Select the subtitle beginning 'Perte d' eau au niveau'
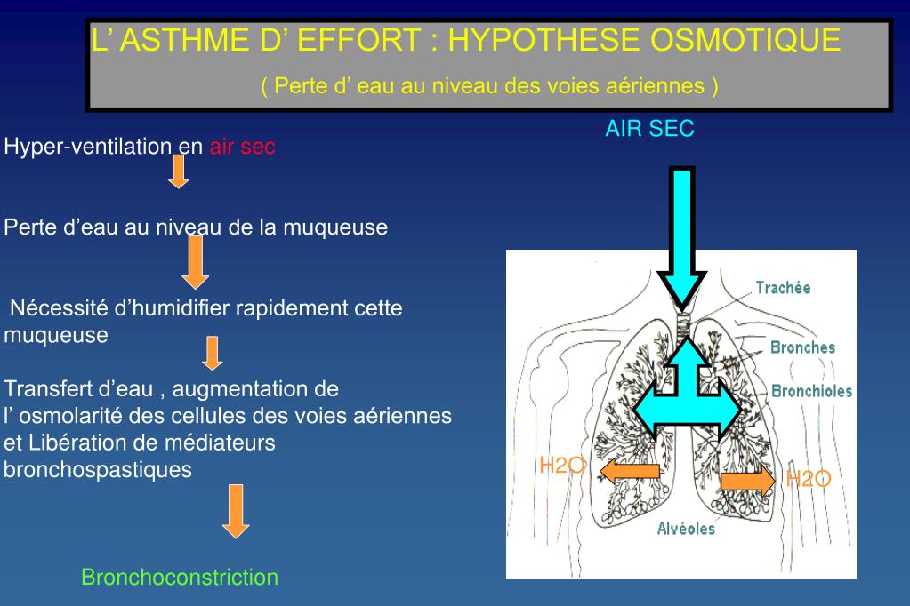pos(489,86)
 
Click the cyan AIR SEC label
pos(650,129)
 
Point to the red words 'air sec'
pos(243,148)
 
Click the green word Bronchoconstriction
pos(180,578)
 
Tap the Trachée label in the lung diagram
pos(783,288)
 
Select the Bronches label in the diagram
pos(802,347)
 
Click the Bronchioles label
pos(811,391)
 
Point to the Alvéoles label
pos(686,530)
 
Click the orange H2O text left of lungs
pos(561,465)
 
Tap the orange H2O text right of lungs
pos(808,480)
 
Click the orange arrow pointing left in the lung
pos(629,471)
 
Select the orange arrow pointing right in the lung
pos(747,481)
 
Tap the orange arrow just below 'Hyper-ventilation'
pos(179,171)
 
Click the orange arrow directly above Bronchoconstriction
pos(236,511)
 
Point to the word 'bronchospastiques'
pos(98,470)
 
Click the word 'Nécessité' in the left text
pos(60,309)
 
